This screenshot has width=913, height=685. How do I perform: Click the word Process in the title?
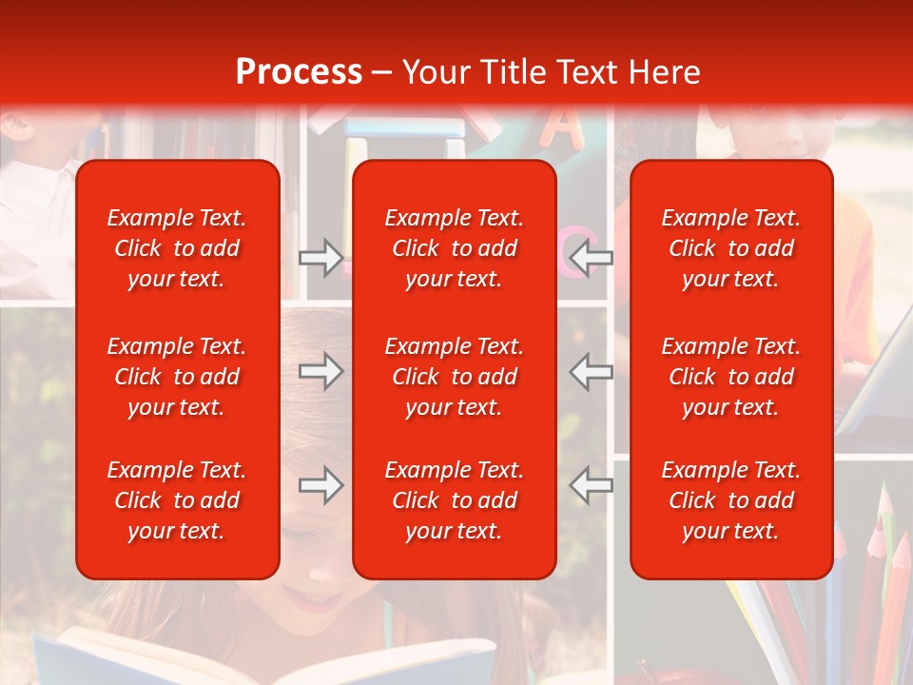(299, 72)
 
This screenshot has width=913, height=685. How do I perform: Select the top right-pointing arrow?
(321, 257)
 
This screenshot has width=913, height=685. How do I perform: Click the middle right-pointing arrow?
(321, 371)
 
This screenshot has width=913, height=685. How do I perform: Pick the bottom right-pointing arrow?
(321, 485)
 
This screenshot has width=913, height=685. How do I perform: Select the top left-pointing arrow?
(592, 257)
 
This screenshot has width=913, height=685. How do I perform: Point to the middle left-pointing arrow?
(592, 371)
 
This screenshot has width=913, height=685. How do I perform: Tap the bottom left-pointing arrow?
(592, 485)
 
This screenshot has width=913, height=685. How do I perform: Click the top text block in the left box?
(177, 248)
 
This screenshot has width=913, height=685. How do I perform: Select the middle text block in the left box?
(177, 377)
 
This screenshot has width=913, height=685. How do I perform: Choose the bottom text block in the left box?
(177, 500)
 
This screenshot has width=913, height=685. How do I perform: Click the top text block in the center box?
(454, 248)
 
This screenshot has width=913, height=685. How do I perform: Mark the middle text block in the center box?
(454, 377)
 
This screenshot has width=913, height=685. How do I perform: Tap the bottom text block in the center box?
(454, 500)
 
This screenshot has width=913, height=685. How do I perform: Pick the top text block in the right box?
(730, 248)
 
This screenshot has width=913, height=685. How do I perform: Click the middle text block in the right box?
(730, 377)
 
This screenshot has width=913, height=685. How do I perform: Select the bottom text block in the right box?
(730, 500)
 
